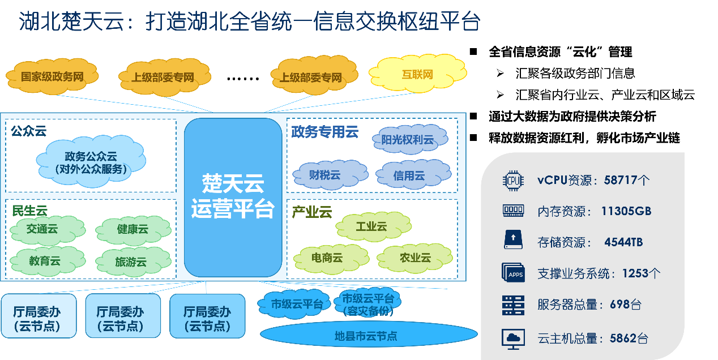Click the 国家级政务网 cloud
pyautogui.click(x=52, y=76)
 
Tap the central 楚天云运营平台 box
pyautogui.click(x=233, y=196)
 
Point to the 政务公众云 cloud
pyautogui.click(x=91, y=162)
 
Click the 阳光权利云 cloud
pyautogui.click(x=409, y=139)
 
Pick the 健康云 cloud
pyautogui.click(x=133, y=229)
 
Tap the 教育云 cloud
pyautogui.click(x=45, y=261)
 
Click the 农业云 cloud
pyautogui.click(x=415, y=258)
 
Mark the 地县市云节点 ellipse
pyautogui.click(x=366, y=336)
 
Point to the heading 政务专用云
pyautogui.click(x=325, y=132)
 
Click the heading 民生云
pyautogui.click(x=30, y=211)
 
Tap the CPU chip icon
pyautogui.click(x=513, y=181)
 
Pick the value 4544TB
pyautogui.click(x=623, y=242)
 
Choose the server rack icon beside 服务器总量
pyautogui.click(x=513, y=305)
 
